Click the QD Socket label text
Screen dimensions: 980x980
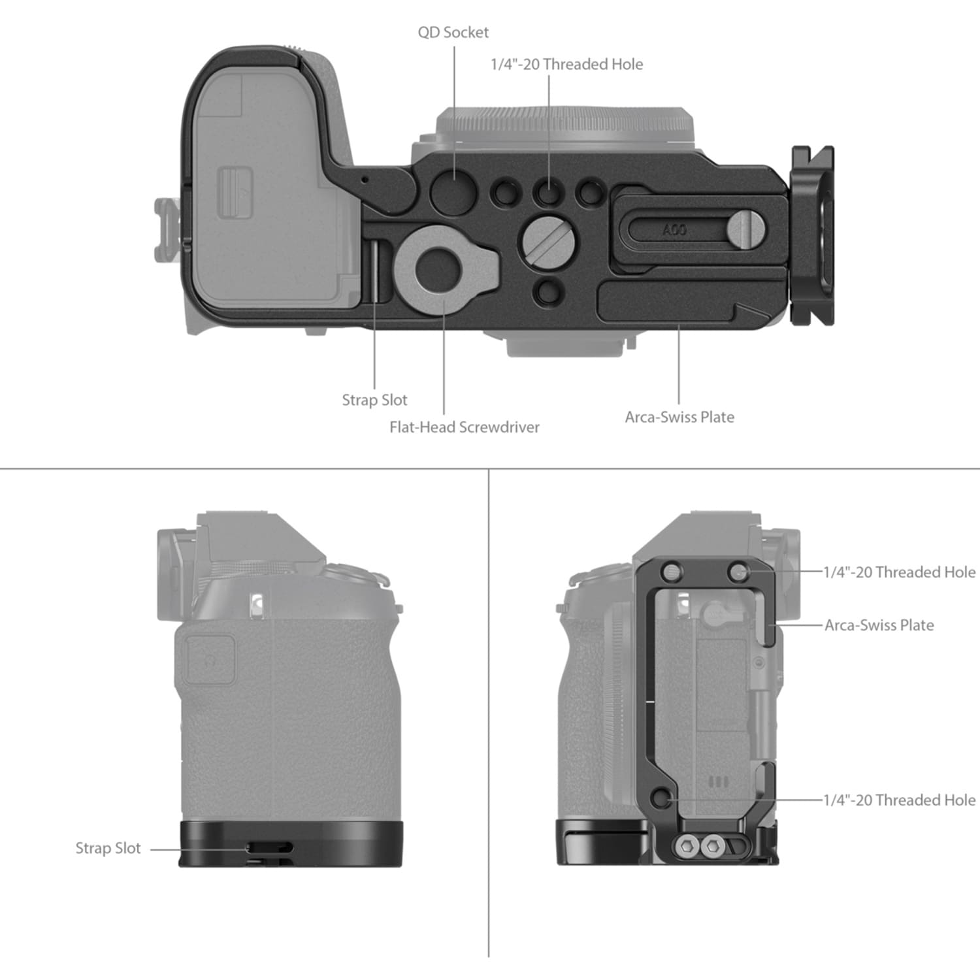pos(453,32)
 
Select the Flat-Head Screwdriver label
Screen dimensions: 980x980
pos(465,427)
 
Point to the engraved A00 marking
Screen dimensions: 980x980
pos(674,230)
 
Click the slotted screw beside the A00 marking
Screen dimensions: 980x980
pos(745,228)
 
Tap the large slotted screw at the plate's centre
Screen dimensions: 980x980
pos(549,240)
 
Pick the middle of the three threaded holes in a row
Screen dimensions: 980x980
pos(547,193)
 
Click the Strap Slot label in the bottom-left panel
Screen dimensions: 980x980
pos(108,848)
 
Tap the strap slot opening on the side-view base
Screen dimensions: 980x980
pos(269,848)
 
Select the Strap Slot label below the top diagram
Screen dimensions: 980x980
pos(374,400)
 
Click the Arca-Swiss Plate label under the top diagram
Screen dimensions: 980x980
pos(679,417)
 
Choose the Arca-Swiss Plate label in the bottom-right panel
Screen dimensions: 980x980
pos(879,625)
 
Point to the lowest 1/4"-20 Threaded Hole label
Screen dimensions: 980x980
pos(899,800)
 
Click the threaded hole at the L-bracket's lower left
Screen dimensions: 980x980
pos(661,798)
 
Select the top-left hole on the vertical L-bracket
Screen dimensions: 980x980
pos(672,572)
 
